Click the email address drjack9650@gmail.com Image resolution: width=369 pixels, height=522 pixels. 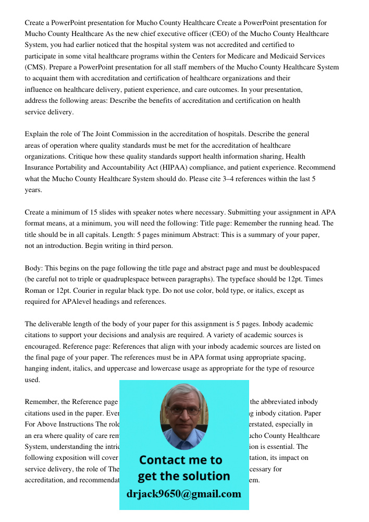[x=184, y=494]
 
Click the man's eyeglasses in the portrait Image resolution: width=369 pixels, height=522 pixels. [x=183, y=410]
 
